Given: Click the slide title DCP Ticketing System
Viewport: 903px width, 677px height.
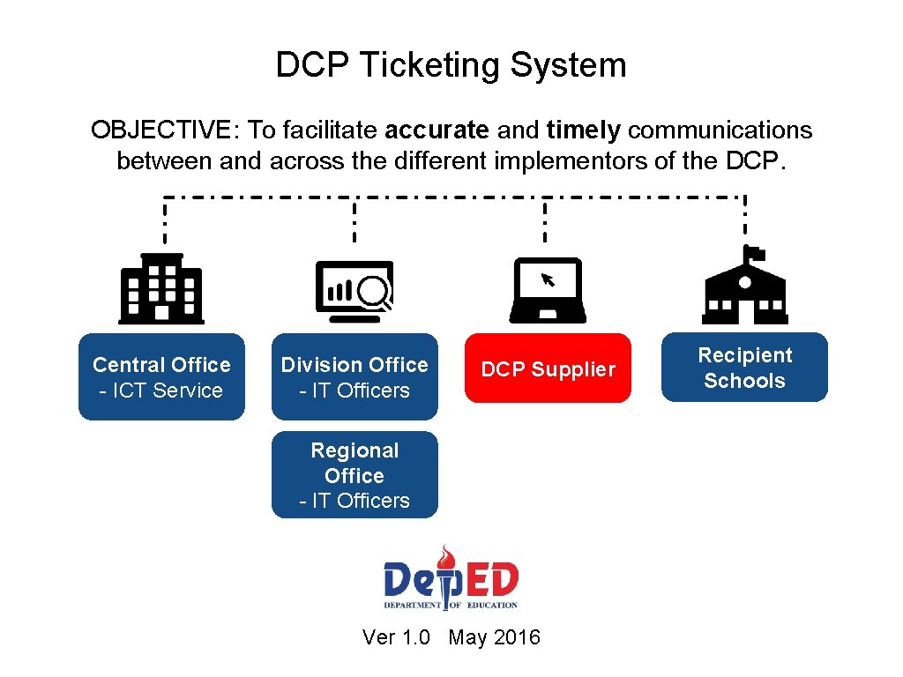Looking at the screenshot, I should (451, 65).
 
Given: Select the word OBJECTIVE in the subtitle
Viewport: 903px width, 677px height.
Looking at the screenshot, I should (160, 130).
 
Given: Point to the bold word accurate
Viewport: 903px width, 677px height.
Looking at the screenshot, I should (437, 130).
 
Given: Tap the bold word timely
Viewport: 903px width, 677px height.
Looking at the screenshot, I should (584, 130).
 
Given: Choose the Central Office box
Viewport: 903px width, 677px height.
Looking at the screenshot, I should (161, 376).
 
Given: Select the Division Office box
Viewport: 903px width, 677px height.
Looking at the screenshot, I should (354, 376).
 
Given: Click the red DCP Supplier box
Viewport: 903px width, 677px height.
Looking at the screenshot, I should (548, 368).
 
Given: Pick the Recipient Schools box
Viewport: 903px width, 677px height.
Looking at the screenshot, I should (744, 368).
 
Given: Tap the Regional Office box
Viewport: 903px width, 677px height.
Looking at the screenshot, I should (354, 474).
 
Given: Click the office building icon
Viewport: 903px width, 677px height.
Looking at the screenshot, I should (161, 288).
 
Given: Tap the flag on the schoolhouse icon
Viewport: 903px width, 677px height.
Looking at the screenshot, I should (755, 253).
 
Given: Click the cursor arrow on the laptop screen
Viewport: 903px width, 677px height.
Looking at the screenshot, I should (548, 279).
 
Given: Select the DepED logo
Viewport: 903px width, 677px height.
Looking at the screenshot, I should (451, 578).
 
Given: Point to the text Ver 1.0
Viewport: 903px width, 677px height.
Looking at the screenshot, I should (396, 637).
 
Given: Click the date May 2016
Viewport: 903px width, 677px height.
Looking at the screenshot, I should (494, 637).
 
